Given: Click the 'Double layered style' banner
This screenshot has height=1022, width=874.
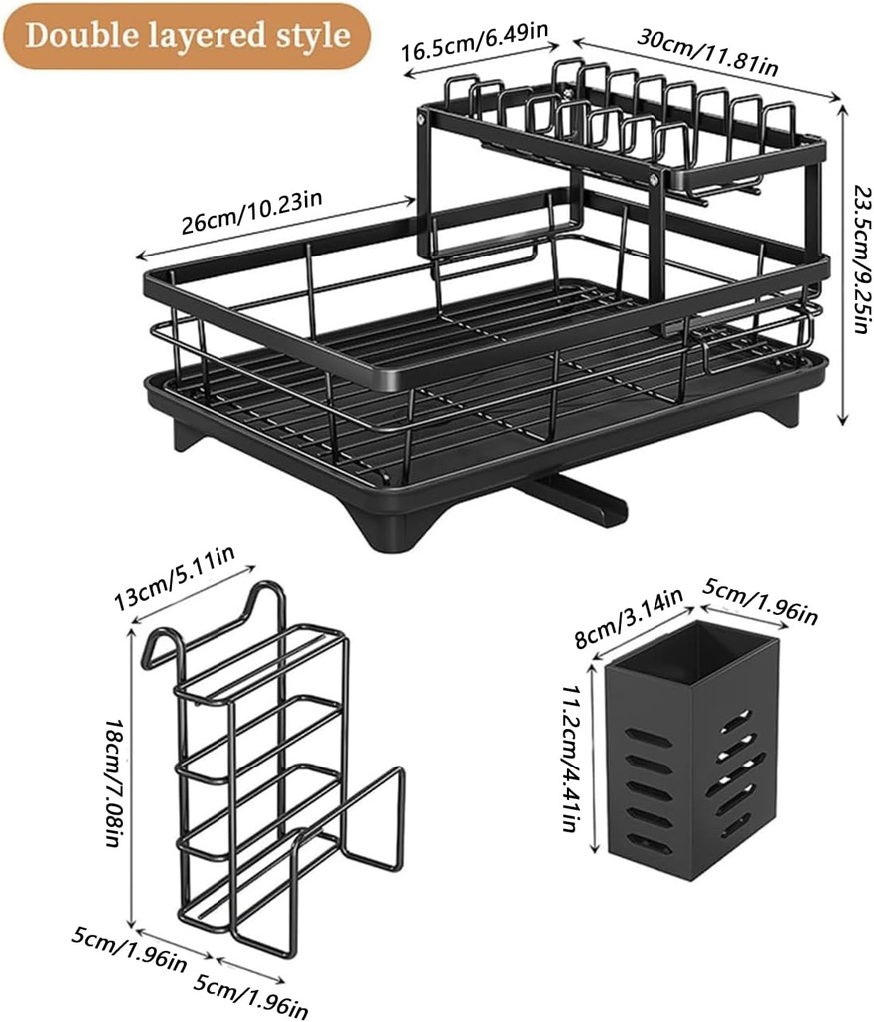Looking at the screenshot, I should coord(188,36).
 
